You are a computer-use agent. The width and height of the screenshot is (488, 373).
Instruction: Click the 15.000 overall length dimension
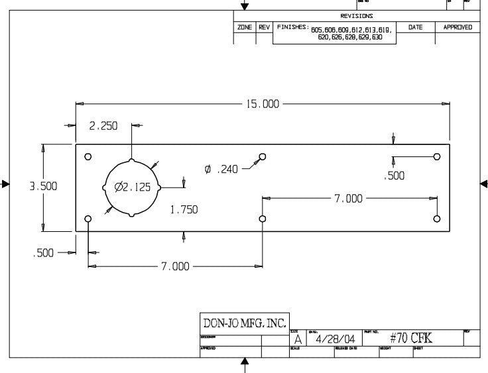coord(263,104)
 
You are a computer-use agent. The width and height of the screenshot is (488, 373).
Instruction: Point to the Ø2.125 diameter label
coord(133,187)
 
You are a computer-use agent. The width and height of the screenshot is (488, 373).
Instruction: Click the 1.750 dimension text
coord(184,209)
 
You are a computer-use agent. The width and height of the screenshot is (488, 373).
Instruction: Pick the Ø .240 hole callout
coord(221,170)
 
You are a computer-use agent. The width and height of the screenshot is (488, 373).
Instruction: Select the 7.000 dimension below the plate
coord(175,266)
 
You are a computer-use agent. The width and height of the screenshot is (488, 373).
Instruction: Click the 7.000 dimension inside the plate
coord(349,198)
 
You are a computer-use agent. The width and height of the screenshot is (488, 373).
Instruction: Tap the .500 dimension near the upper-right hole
coord(394,176)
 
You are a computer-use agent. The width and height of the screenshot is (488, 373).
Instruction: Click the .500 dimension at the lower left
coord(44,252)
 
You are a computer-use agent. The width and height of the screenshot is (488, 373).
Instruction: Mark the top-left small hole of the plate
coord(88,157)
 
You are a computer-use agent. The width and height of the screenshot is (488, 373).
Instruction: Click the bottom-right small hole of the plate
coord(436,219)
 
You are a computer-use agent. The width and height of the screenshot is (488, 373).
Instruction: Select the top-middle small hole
coord(263,156)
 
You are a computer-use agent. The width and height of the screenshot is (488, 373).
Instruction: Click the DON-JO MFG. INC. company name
coord(244,323)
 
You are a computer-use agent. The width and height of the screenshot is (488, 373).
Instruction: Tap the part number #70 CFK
coord(411,338)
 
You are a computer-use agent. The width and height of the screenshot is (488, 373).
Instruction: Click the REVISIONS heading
coord(356,16)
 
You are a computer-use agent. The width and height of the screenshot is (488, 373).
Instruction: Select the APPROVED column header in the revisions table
coord(457,27)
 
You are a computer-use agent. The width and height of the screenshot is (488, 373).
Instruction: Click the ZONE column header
coord(244,27)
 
